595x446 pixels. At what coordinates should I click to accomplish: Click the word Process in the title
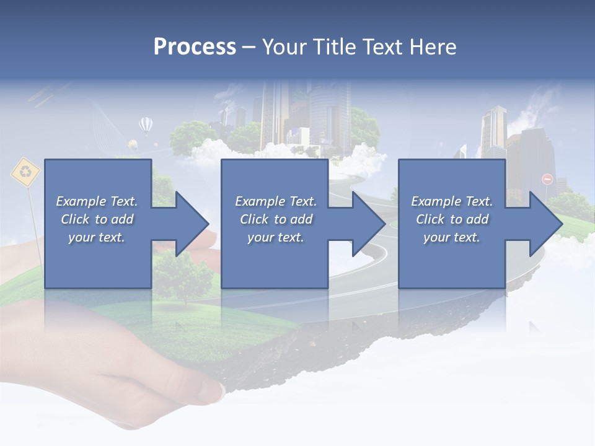pos(195,47)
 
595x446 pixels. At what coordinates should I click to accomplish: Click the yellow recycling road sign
pos(25,172)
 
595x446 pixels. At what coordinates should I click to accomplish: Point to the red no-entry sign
pos(547,179)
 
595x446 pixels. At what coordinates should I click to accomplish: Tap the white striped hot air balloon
pos(146,125)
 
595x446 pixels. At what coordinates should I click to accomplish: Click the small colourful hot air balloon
pos(133,145)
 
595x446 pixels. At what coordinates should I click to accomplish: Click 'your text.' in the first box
pos(97,237)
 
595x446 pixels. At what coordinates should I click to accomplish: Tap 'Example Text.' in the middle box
pos(275,201)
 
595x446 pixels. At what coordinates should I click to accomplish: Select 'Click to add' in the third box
pos(452,219)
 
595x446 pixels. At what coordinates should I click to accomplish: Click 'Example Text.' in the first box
pos(97,201)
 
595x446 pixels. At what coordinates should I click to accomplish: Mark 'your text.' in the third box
pos(452,237)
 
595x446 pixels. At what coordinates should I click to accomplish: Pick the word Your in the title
pos(284,47)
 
